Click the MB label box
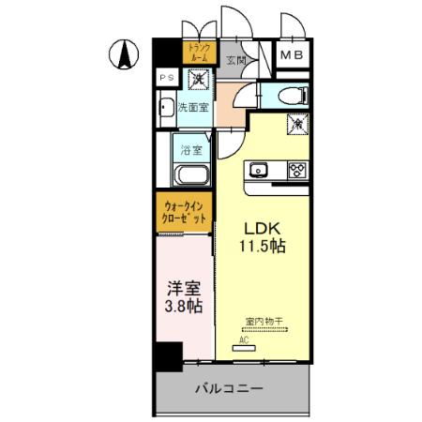pos(292,56)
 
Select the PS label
pos(165,77)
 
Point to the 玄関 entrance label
pos(235,60)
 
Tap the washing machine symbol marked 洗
pos(201,82)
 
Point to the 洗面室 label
pos(194,106)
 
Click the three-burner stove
pos(296,170)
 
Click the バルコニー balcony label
pos(229,387)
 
